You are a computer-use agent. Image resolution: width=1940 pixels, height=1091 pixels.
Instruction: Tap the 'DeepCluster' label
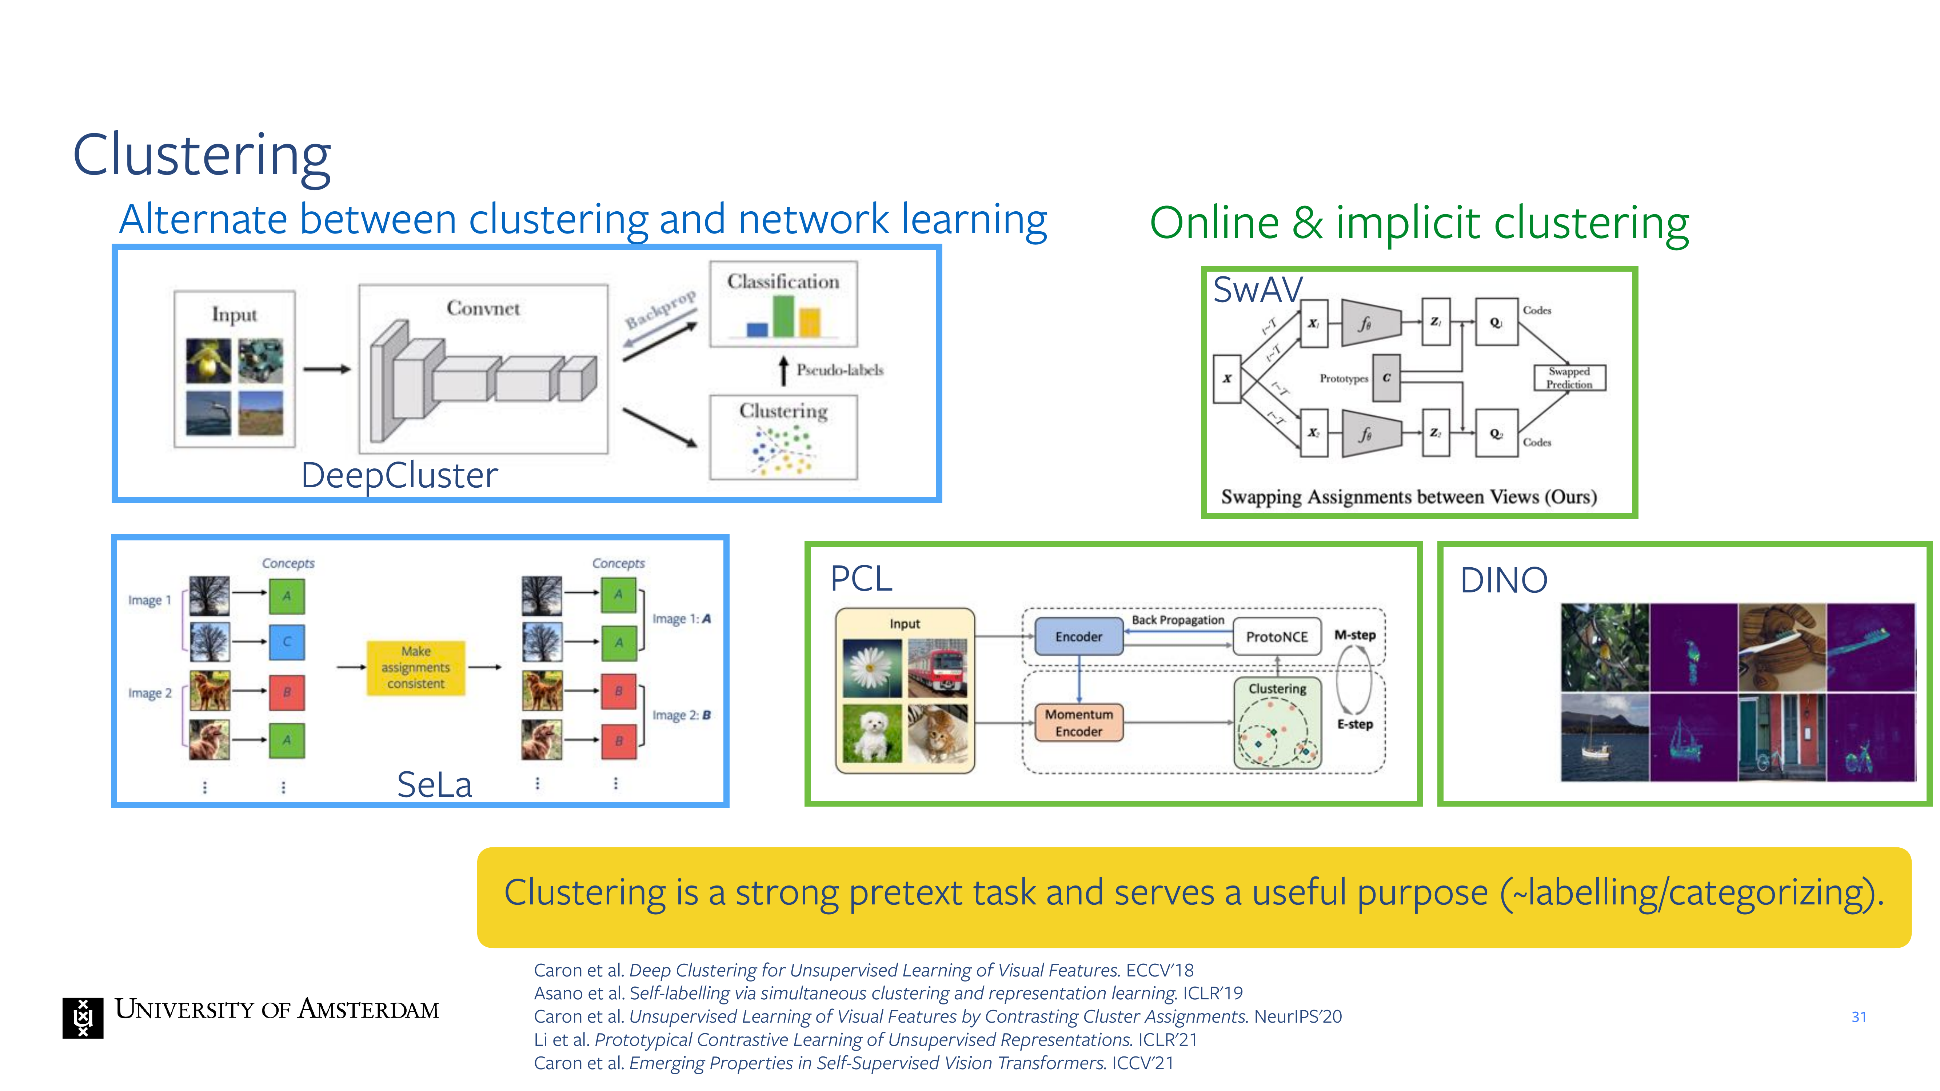[399, 475]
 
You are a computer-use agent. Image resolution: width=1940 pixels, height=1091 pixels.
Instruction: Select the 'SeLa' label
[435, 784]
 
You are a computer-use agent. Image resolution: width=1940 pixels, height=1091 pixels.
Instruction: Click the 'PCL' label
[861, 578]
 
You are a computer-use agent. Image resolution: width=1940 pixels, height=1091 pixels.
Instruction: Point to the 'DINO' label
[1503, 580]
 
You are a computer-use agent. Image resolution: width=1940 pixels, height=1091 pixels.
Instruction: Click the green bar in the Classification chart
[783, 316]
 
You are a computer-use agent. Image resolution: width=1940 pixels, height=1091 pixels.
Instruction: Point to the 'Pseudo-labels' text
[840, 370]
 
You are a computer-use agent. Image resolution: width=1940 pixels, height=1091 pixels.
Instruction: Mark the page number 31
[1859, 1017]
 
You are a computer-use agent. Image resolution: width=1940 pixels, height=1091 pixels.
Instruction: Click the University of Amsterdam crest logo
[83, 1017]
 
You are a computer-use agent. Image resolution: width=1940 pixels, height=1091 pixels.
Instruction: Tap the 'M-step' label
[1355, 635]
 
